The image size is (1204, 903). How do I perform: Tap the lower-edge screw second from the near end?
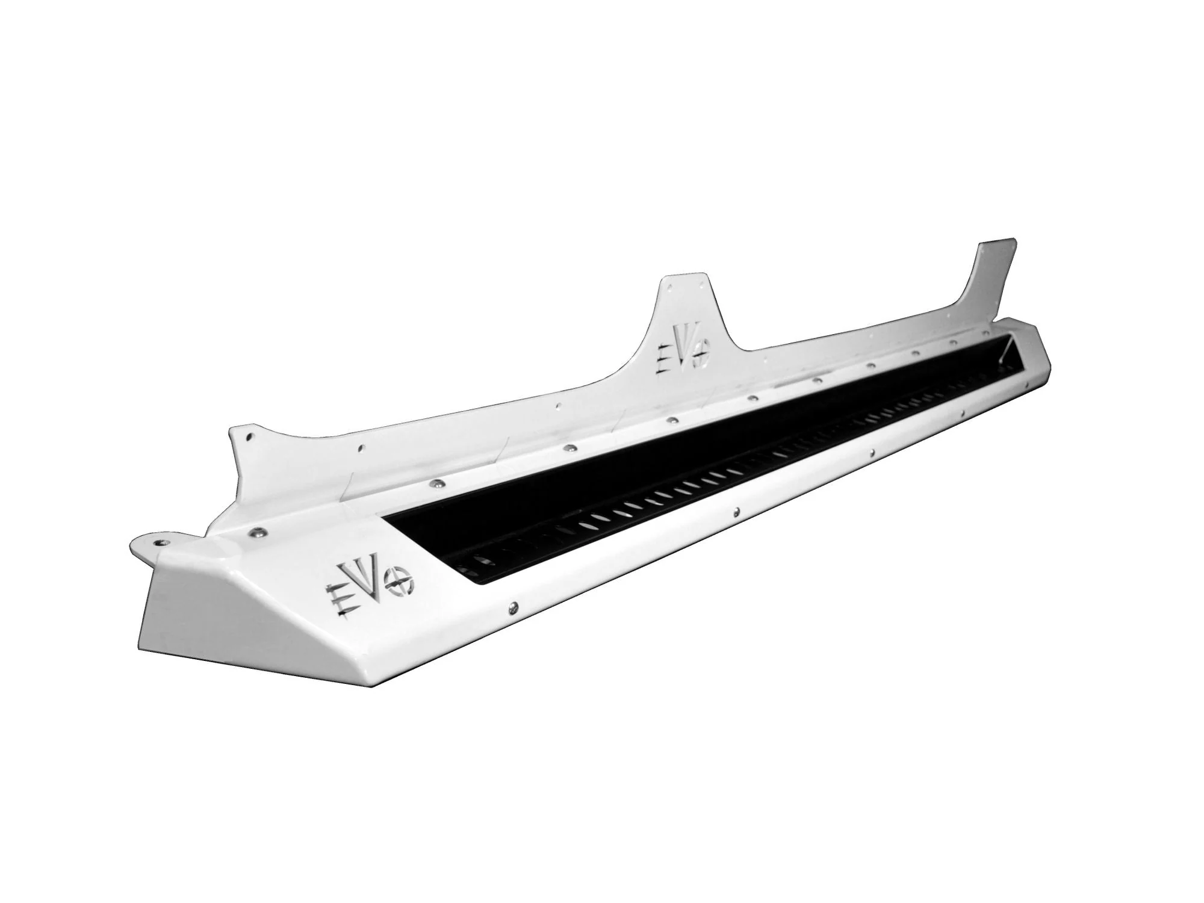pyautogui.click(x=737, y=512)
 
